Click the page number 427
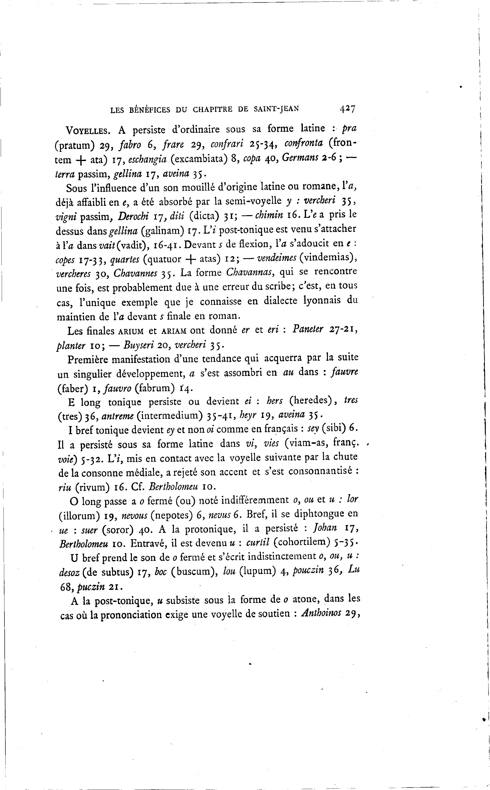(x=348, y=109)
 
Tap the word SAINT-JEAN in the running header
(x=276, y=109)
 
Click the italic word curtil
(x=258, y=543)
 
